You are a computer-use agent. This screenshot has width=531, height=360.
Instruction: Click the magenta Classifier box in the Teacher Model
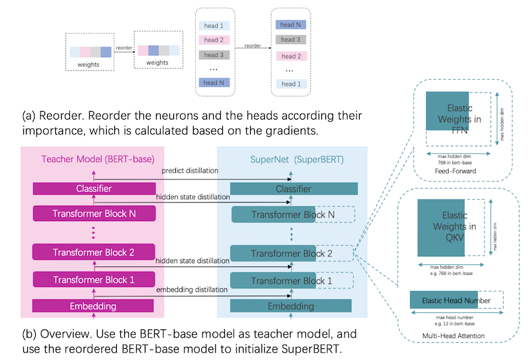pyautogui.click(x=94, y=189)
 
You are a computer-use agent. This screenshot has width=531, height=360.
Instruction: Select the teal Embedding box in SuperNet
pyautogui.click(x=291, y=306)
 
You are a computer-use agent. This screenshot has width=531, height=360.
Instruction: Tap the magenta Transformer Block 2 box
pyautogui.click(x=94, y=252)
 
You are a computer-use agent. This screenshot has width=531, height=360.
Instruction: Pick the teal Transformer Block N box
pyautogui.click(x=273, y=215)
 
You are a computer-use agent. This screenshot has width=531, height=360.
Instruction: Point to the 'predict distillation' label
pyautogui.click(x=190, y=171)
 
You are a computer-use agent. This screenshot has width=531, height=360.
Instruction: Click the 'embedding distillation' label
pyautogui.click(x=192, y=290)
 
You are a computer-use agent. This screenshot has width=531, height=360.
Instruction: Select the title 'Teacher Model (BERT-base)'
pyautogui.click(x=98, y=159)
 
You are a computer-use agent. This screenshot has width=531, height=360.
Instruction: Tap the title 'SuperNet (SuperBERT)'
pyautogui.click(x=297, y=159)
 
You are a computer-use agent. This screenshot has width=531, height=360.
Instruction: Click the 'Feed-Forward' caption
pyautogui.click(x=455, y=171)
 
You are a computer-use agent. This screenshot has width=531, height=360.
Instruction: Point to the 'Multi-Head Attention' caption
pyautogui.click(x=453, y=335)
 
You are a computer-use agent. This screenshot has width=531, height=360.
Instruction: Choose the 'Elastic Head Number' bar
pyautogui.click(x=444, y=300)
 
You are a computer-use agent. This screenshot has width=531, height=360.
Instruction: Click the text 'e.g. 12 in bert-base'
pyautogui.click(x=455, y=323)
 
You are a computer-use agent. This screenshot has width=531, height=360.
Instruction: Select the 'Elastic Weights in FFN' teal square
pyautogui.click(x=447, y=111)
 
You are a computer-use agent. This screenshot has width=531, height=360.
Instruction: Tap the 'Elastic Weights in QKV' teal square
pyautogui.click(x=441, y=227)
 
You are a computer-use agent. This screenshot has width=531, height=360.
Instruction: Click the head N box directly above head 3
pyautogui.click(x=291, y=25)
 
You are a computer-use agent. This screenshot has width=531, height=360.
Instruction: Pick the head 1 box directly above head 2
pyautogui.click(x=214, y=25)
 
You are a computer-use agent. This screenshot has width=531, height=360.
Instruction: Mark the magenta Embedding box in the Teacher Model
pyautogui.click(x=93, y=306)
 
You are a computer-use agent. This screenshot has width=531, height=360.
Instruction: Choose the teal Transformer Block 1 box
pyautogui.click(x=273, y=280)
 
